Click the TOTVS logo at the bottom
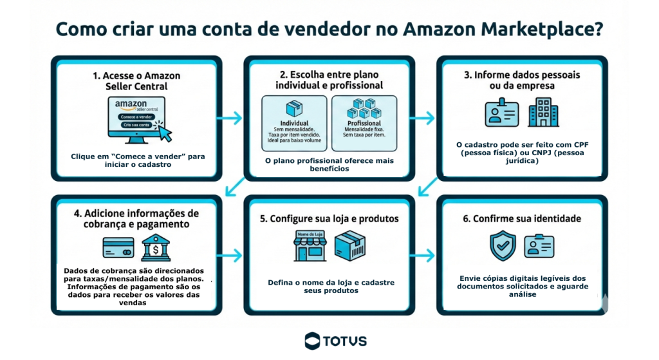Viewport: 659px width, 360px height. [x=335, y=340]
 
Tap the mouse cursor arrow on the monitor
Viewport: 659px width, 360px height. [x=165, y=133]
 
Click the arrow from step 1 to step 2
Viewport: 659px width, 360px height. [x=232, y=118]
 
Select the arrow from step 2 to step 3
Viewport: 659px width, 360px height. [x=424, y=118]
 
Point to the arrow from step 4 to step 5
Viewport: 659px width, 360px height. [x=232, y=256]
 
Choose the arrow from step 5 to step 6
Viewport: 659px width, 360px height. [x=424, y=256]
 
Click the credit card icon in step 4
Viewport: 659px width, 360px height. [x=118, y=248]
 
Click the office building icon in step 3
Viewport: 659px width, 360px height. [x=543, y=113]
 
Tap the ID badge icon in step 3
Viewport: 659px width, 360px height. [x=502, y=113]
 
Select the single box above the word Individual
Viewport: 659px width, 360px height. [x=295, y=108]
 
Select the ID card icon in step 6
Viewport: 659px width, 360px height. [x=539, y=246]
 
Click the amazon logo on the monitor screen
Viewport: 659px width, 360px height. [x=131, y=104]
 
